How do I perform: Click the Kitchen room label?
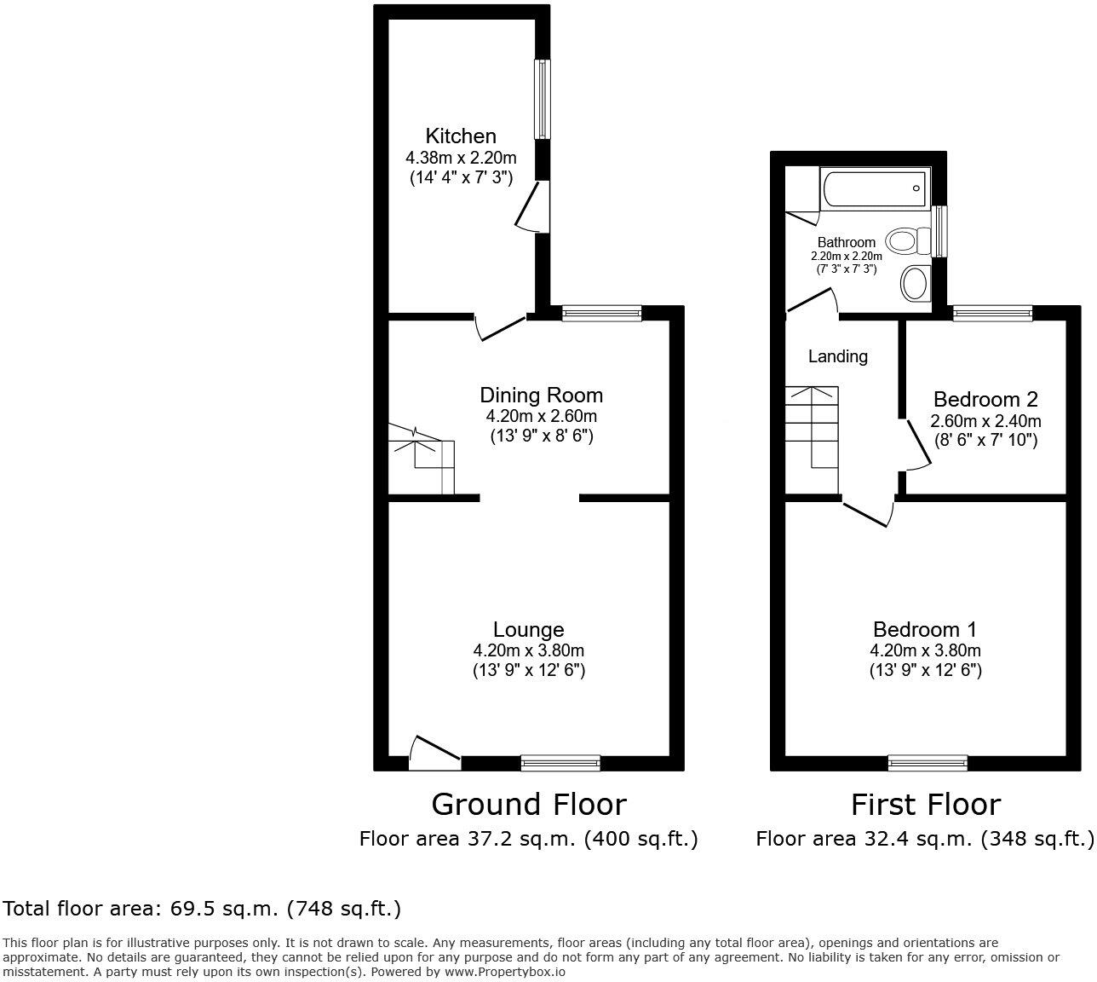click(460, 136)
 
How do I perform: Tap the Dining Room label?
click(541, 395)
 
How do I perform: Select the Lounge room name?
click(528, 629)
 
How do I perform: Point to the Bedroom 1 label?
click(925, 629)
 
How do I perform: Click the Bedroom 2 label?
click(985, 399)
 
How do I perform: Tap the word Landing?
click(837, 356)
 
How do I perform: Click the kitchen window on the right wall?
click(542, 99)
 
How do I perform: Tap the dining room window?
click(601, 314)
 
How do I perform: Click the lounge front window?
click(560, 763)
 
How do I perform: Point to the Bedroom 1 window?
click(928, 763)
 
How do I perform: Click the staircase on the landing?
click(812, 426)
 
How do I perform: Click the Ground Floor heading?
click(528, 804)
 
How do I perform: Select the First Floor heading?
click(925, 804)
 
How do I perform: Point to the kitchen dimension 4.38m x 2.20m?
click(460, 158)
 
